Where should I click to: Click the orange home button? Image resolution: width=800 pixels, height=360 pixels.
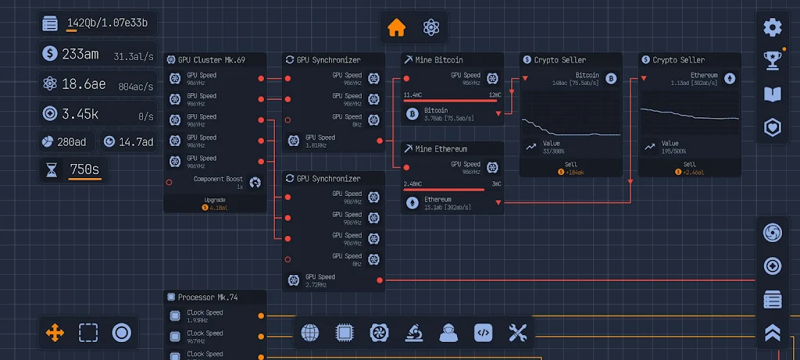click(x=397, y=27)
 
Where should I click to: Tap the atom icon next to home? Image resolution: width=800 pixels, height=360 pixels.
click(x=431, y=27)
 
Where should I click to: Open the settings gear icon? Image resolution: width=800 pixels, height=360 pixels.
click(x=773, y=27)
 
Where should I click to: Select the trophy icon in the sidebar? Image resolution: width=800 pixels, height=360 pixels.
click(x=773, y=60)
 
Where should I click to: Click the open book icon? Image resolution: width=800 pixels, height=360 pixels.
click(x=773, y=94)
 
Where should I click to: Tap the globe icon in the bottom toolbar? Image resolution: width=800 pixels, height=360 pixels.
click(x=310, y=333)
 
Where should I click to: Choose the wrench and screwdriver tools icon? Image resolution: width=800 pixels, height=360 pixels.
click(x=518, y=333)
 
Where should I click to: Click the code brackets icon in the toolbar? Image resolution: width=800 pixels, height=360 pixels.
click(x=484, y=333)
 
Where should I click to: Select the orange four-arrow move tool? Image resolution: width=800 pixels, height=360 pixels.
click(x=55, y=333)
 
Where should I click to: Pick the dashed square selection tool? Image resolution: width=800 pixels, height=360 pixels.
click(x=88, y=333)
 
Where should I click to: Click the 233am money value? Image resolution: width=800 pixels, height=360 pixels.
click(x=80, y=54)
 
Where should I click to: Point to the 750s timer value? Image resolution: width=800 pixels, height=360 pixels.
click(x=85, y=169)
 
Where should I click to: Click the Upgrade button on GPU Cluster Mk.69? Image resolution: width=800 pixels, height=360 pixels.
click(x=215, y=203)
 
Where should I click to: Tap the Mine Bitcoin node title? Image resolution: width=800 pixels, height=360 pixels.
click(x=438, y=60)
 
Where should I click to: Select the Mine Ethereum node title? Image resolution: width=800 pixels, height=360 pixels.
click(x=441, y=149)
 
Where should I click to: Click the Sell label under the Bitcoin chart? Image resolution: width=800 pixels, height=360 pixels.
click(x=571, y=164)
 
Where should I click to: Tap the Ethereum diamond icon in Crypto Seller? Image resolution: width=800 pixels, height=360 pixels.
click(x=730, y=78)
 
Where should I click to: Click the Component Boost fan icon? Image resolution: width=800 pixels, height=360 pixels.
click(x=255, y=183)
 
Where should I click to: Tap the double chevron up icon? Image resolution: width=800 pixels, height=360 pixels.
click(x=773, y=333)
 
